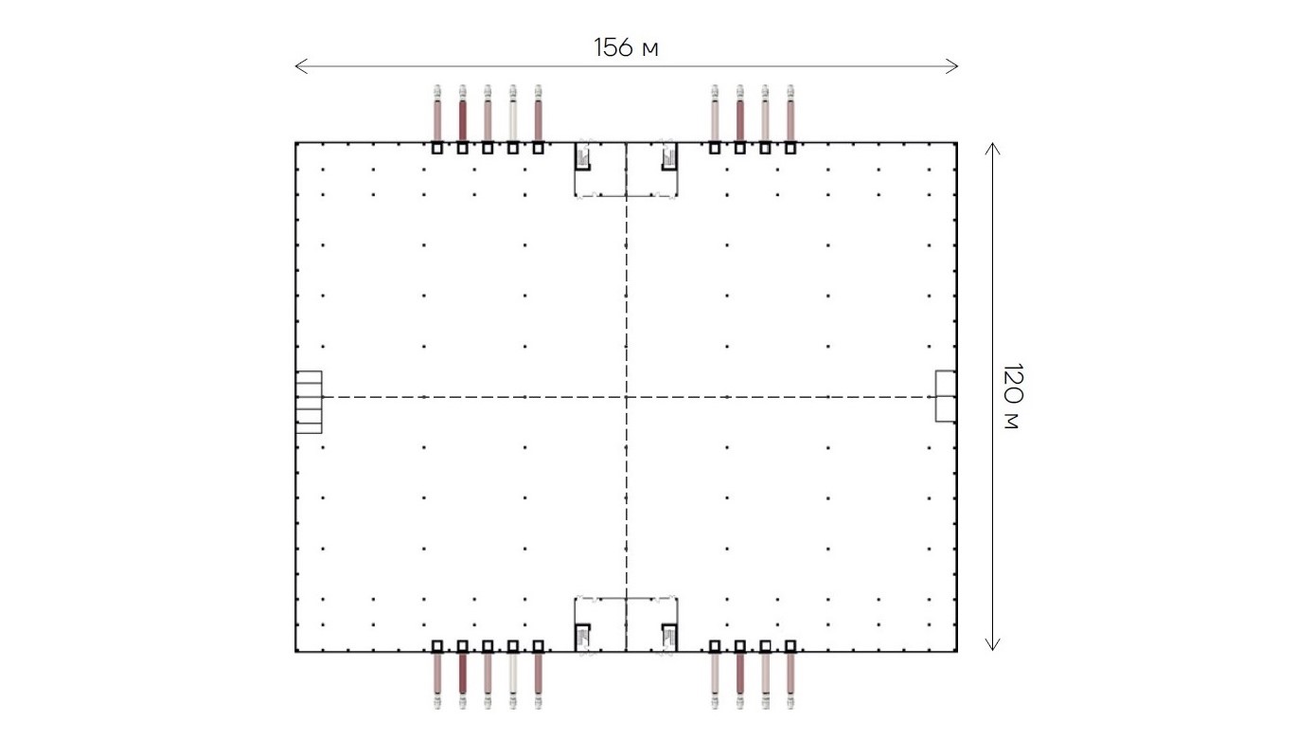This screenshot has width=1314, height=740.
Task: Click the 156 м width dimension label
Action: [626, 47]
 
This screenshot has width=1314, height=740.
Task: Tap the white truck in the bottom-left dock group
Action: [513, 680]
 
